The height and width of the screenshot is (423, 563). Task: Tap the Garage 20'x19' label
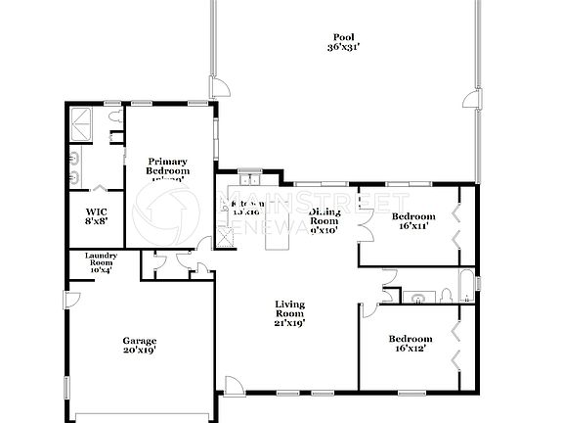[x=140, y=344]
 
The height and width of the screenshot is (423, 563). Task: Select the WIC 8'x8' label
[x=97, y=216]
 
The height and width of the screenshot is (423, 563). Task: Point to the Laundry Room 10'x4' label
[x=88, y=263]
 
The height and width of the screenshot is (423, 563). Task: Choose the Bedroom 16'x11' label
[x=412, y=221]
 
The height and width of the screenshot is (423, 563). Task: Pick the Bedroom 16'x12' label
[x=413, y=344]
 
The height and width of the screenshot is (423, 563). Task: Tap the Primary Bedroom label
[x=167, y=169]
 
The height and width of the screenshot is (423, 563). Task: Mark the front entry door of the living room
[x=232, y=386]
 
